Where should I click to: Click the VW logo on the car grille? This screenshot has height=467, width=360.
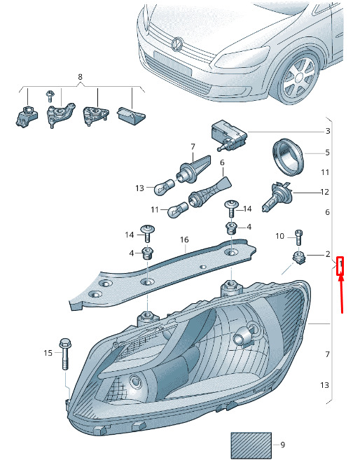[178, 43]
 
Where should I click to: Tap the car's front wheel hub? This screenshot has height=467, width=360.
[298, 78]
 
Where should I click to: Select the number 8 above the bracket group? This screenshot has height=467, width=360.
[80, 77]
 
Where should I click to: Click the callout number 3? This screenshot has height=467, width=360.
[328, 131]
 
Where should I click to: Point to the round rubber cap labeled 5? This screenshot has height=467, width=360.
[288, 157]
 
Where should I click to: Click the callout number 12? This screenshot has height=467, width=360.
[324, 192]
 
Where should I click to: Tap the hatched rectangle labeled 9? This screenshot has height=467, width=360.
[251, 445]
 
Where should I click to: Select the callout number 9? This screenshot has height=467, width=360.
[282, 445]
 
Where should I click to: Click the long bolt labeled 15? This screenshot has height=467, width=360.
[65, 354]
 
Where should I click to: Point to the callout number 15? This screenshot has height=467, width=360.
[48, 353]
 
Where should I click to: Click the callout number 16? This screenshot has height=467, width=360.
[184, 239]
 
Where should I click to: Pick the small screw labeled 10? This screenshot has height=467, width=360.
[298, 237]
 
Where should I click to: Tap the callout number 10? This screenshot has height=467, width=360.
[280, 236]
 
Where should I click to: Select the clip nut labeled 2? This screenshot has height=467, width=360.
[299, 258]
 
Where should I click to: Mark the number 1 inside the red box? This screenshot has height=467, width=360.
[340, 264]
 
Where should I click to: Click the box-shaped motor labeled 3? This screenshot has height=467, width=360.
[229, 134]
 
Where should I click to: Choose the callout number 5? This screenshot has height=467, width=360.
[328, 153]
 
